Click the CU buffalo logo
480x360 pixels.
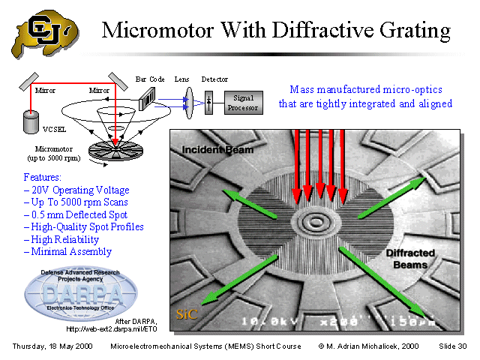(43, 34)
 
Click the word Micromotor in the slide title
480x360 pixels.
(161, 31)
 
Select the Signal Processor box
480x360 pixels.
(243, 102)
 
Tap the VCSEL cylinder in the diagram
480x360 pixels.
(32, 120)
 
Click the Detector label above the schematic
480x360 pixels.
(214, 79)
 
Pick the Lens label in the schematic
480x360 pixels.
(181, 79)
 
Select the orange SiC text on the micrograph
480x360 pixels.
(187, 314)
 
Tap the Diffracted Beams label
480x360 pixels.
(406, 259)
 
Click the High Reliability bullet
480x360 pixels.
(66, 239)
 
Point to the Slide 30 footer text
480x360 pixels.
(452, 346)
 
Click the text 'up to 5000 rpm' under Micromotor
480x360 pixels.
(52, 158)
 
